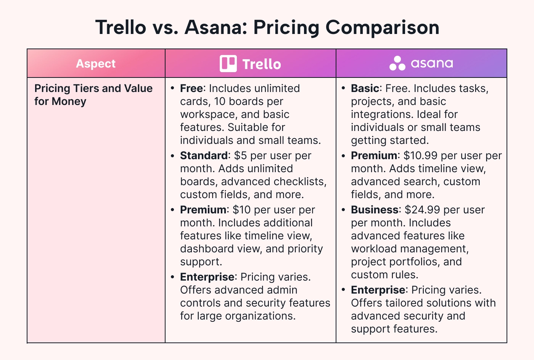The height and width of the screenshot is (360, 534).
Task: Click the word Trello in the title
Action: [121, 27]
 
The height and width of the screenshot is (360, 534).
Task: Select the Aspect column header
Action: [96, 63]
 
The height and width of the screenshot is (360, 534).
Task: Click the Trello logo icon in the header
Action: [228, 63]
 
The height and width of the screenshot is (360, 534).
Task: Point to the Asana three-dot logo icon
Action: [397, 63]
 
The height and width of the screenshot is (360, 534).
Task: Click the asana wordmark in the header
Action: [432, 63]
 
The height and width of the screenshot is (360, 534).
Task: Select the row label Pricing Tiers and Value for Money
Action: [93, 95]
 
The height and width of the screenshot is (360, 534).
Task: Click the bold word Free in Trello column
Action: [191, 89]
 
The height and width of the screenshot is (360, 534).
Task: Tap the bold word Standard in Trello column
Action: [204, 156]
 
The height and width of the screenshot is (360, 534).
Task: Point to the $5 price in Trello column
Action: [240, 156]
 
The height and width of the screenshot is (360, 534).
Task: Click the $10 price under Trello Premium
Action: [241, 210]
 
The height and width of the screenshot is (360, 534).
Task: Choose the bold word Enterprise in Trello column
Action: [207, 277]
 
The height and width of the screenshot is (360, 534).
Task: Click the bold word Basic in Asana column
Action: [365, 89]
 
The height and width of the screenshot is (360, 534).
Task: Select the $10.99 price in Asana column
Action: [420, 156]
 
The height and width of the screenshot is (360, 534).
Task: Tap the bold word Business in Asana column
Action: [375, 210]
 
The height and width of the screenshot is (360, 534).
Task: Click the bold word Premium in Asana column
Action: [374, 156]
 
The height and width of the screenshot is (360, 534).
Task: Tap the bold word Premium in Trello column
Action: [203, 210]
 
